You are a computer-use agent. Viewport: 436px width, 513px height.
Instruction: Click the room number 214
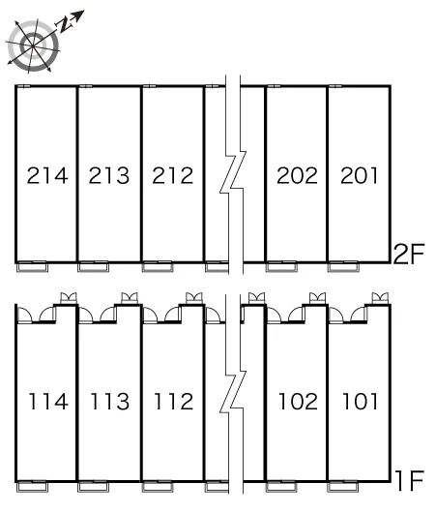[47, 175]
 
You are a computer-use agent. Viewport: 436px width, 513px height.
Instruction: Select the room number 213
[109, 175]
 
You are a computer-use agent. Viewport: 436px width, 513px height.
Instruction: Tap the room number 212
[173, 175]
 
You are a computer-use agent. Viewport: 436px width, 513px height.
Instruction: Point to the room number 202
[297, 175]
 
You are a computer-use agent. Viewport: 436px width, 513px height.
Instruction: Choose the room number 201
[359, 175]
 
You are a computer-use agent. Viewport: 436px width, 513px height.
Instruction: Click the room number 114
[48, 401]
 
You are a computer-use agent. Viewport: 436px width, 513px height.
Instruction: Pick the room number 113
[110, 401]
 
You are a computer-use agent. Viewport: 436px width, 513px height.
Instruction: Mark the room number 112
[174, 401]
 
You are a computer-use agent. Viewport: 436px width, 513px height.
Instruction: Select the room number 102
[298, 401]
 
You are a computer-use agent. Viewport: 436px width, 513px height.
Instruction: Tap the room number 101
[360, 401]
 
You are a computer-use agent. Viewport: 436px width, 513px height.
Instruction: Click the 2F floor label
[409, 254]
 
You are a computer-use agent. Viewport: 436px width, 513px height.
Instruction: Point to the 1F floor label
[410, 480]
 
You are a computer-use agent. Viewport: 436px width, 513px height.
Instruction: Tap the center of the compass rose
[33, 45]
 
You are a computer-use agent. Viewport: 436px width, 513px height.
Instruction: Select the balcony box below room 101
[342, 488]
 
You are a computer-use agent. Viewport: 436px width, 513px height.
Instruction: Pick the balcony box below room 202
[281, 267]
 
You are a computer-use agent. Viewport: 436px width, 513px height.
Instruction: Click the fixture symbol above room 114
[69, 298]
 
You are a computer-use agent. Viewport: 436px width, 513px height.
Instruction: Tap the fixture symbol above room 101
[381, 298]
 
